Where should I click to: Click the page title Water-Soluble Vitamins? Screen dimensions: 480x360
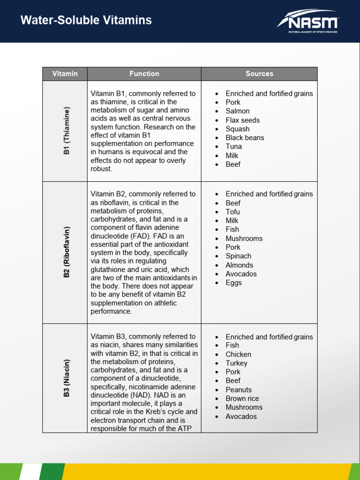point(86,20)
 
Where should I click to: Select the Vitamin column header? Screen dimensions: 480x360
point(65,74)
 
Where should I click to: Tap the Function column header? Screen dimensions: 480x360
point(144,74)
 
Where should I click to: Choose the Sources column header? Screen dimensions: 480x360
point(259,74)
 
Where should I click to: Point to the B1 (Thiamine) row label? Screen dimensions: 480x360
point(67,131)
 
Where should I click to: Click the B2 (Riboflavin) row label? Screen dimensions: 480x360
point(67,253)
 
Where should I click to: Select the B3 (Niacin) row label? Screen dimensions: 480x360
point(67,378)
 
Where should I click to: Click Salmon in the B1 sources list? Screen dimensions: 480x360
point(237,111)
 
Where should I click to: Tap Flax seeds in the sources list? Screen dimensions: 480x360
point(242,120)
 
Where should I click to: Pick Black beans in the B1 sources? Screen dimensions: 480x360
point(245,138)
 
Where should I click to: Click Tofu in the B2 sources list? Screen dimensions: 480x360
point(232,212)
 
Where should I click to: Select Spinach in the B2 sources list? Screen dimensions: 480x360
point(238,256)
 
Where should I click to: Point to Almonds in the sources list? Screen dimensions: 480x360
point(239,265)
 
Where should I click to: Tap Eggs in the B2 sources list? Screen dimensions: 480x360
point(233,283)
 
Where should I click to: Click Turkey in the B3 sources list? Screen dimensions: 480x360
point(236,363)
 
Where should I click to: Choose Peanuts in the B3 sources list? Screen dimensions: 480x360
point(239,390)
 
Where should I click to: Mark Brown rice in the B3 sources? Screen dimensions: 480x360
point(242,398)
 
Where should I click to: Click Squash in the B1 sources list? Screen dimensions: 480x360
point(237,129)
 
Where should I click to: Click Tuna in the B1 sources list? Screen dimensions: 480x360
point(233,146)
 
